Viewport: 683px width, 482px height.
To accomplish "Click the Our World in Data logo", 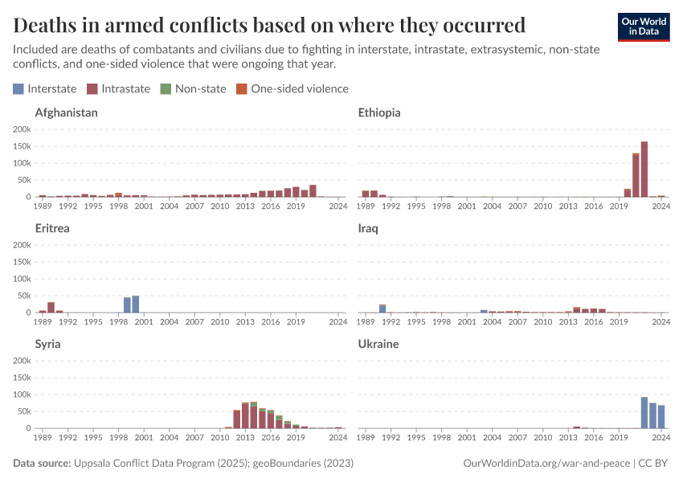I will click(x=643, y=27).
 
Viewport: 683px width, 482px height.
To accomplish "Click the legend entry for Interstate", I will click(x=45, y=88).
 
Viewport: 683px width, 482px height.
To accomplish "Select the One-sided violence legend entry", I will click(x=292, y=88).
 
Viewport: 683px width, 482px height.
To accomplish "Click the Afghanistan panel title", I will click(x=66, y=112).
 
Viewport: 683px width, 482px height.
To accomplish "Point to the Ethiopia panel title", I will click(x=378, y=112).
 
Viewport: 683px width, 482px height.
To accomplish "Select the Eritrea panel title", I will click(x=52, y=228).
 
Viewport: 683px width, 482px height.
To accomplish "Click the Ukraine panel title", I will click(x=378, y=344).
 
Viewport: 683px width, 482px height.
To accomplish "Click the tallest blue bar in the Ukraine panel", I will click(x=644, y=413).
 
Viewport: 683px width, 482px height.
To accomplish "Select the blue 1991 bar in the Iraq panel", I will click(x=382, y=308).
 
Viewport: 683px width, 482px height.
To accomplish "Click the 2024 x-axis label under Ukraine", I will click(x=661, y=439).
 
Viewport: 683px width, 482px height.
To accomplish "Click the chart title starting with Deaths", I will click(x=270, y=24).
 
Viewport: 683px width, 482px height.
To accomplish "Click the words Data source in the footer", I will click(x=42, y=464).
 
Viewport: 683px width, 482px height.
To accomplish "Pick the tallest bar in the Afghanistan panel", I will click(x=313, y=191).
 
